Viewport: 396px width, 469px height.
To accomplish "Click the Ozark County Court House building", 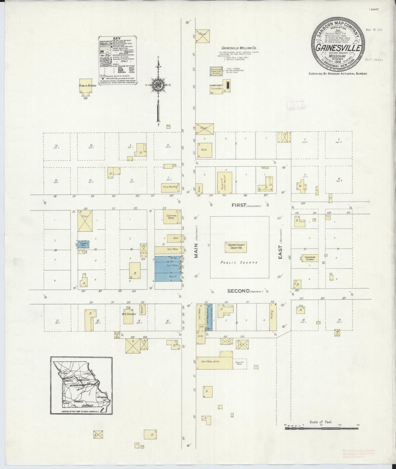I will [x=236, y=247].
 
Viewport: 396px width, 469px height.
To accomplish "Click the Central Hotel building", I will [x=172, y=217].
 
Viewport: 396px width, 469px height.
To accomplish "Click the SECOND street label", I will [x=238, y=291].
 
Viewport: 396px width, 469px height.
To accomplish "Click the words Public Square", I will [x=239, y=262].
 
